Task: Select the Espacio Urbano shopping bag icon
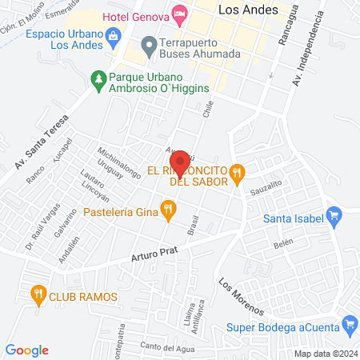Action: click(x=114, y=36)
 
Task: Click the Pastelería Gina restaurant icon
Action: click(x=167, y=211)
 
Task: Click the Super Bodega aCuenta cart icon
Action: click(x=349, y=324)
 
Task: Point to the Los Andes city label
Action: click(x=248, y=10)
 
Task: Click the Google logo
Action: click(x=27, y=350)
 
